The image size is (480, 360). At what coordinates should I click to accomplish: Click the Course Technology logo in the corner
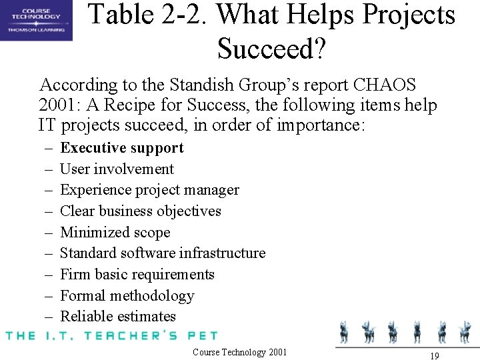pos(36,20)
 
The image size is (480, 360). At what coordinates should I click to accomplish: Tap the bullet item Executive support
pos(121,148)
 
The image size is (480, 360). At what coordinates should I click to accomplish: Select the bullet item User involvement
pos(117,169)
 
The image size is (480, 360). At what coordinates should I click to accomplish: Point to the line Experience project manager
pos(149,190)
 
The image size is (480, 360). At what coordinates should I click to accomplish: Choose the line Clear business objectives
pos(140,211)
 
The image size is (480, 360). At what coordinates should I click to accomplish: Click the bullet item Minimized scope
pos(115,233)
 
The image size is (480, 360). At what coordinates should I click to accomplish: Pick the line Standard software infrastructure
pos(163,253)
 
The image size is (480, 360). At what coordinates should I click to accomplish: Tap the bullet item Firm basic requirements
pos(137,275)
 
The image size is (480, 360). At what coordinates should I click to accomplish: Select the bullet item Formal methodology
pos(127,296)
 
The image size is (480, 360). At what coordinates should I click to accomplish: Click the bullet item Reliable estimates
pos(117,317)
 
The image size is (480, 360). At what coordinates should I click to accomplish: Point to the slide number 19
pos(434,356)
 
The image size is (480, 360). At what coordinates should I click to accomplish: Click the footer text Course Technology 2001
pos(239,352)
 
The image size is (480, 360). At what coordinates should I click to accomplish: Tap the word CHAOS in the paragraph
pos(385,85)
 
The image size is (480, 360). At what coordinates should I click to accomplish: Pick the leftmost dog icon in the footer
pos(345,332)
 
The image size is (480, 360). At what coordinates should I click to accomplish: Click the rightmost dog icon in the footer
pos(465,332)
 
